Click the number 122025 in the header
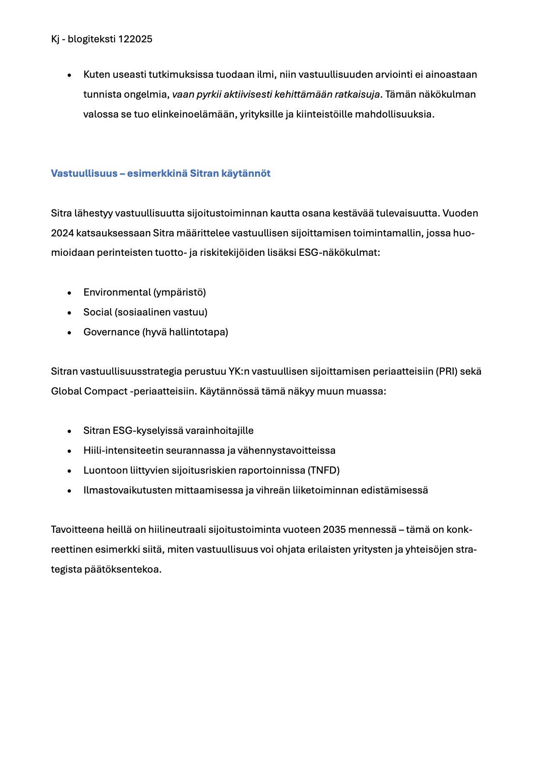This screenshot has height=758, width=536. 135,39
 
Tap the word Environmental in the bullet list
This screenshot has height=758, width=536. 117,293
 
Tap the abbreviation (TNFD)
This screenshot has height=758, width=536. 324,470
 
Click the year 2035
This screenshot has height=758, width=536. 334,530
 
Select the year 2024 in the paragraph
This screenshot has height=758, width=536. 62,233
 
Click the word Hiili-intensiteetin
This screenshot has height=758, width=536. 123,450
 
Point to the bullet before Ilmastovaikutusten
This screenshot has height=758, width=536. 69,491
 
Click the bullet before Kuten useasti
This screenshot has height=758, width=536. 69,75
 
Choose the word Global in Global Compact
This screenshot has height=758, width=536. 66,392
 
